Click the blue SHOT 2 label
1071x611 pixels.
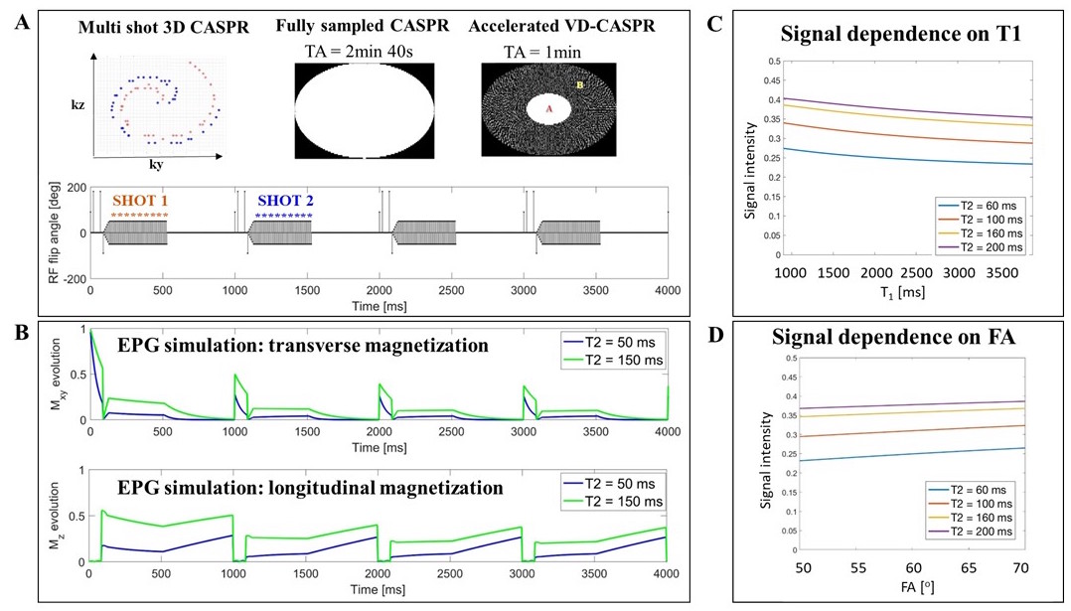coord(284,200)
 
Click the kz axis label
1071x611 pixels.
coord(76,102)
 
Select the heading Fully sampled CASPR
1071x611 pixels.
coord(366,24)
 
